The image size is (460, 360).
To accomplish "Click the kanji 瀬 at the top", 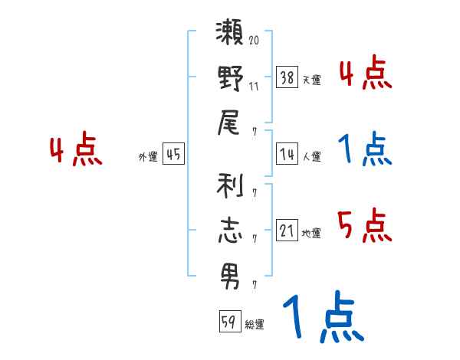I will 230,36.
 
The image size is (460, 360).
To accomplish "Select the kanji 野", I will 230,78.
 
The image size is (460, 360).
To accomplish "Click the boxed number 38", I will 287,77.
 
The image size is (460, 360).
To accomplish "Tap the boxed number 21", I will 287,231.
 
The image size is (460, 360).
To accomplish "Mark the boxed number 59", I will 228,322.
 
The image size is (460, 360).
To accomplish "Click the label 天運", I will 311,80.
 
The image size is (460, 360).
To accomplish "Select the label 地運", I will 311,233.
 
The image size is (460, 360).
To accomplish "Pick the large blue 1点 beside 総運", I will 322,317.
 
